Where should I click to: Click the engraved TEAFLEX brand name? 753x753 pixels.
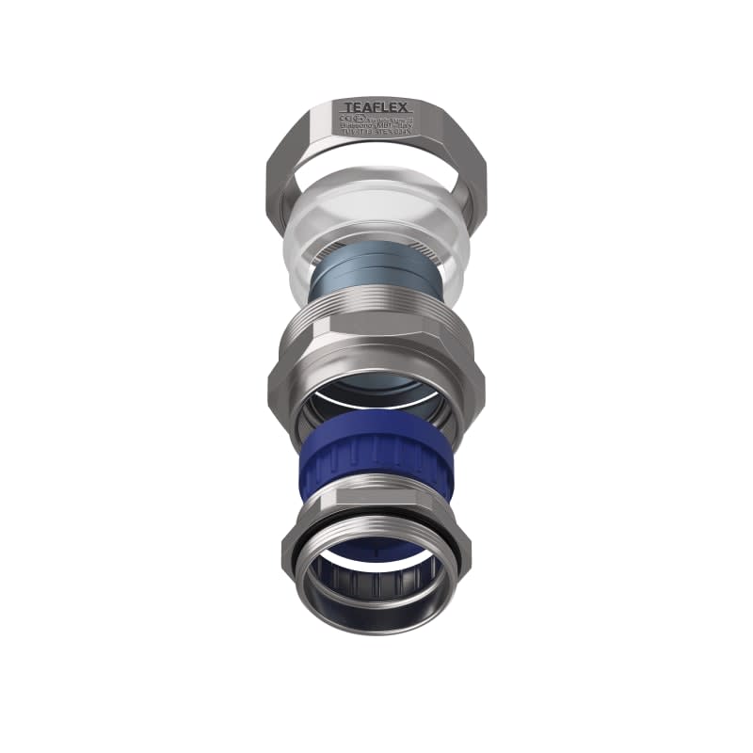(376, 108)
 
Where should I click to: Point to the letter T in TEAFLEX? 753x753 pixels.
(346, 108)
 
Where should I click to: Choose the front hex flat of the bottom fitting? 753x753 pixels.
(376, 504)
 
